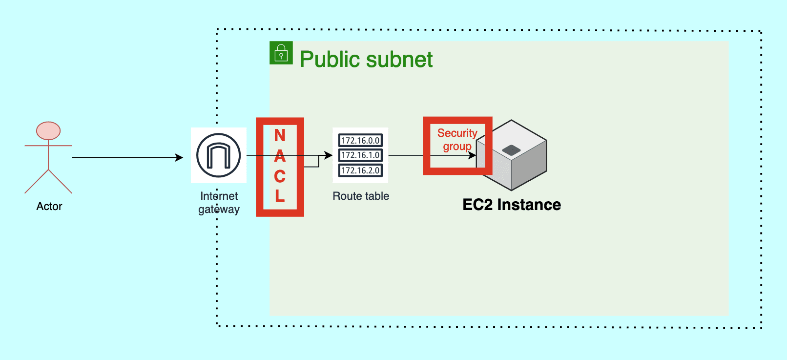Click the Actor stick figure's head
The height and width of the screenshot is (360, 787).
point(48,131)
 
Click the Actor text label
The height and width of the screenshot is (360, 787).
point(49,206)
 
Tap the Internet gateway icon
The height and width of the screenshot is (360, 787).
point(218,155)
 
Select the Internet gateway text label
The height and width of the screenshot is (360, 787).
point(219,203)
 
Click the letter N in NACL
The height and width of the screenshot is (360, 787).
point(280,135)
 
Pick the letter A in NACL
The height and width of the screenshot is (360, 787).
point(280,156)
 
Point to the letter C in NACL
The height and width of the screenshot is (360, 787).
point(280,176)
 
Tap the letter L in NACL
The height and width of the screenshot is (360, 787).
point(280,196)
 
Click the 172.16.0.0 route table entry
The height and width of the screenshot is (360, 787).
point(360,141)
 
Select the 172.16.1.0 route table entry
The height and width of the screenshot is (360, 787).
point(360,155)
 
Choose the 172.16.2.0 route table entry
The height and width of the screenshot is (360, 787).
point(360,170)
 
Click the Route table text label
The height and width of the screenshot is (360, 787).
point(361,196)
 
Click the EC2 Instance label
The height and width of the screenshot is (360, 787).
point(512,205)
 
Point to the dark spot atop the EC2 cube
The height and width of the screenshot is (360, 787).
point(511,150)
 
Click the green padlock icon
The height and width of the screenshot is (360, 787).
point(281,53)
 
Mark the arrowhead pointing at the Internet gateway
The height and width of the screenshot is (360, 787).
point(180,158)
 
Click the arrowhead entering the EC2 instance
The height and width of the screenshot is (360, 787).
point(473,155)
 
